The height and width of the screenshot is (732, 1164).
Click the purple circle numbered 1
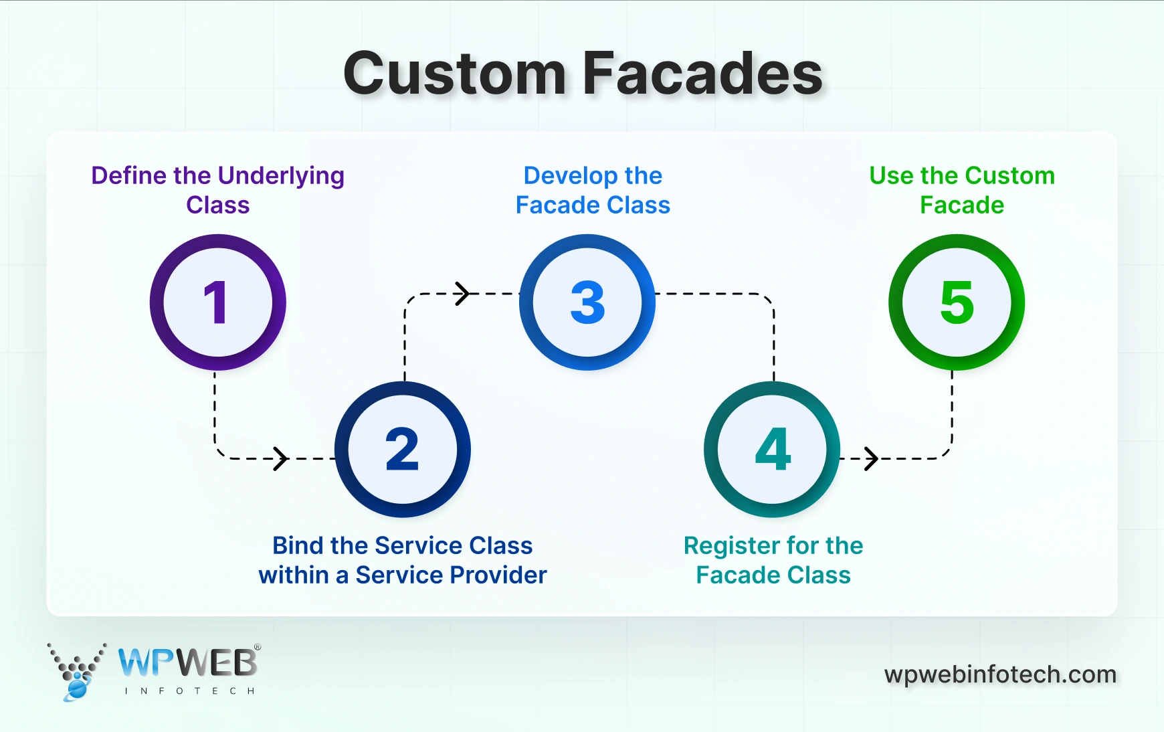click(217, 302)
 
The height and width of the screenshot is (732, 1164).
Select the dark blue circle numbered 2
click(402, 450)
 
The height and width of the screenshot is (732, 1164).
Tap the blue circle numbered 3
click(587, 302)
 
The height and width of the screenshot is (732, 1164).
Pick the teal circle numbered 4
click(772, 450)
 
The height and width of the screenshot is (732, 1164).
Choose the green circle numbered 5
click(957, 302)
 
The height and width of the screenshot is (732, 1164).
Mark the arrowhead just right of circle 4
click(871, 458)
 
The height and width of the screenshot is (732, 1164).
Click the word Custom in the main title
click(455, 74)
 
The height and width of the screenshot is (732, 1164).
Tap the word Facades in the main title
click(702, 74)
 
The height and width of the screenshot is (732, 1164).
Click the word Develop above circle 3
click(570, 176)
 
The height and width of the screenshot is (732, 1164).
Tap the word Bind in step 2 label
click(297, 546)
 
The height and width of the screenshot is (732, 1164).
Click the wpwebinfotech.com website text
click(1000, 674)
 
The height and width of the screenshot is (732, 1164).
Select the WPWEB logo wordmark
click(188, 663)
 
